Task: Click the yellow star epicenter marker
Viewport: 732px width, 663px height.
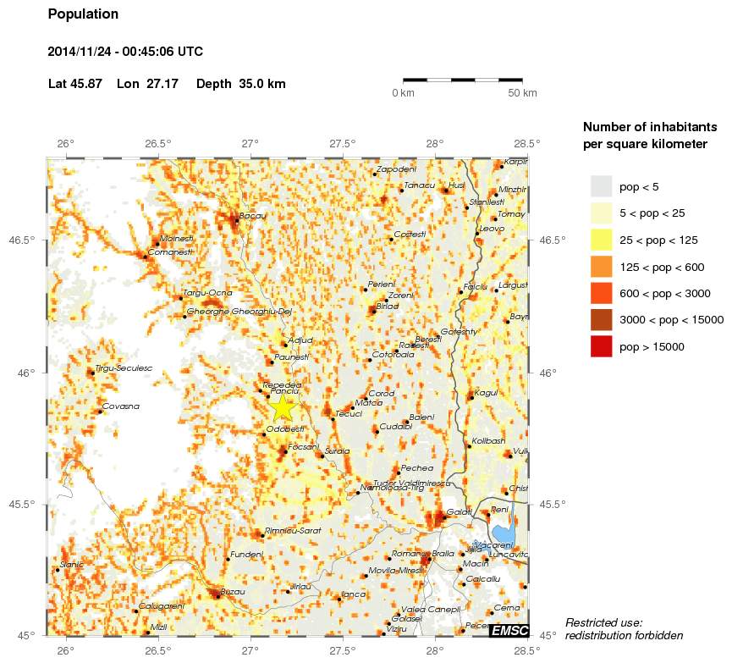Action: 283,407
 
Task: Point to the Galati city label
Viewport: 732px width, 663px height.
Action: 460,512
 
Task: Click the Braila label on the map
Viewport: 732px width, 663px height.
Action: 443,554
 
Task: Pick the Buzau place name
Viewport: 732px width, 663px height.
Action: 233,592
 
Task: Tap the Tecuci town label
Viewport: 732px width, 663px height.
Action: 349,414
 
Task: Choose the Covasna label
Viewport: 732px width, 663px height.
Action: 120,407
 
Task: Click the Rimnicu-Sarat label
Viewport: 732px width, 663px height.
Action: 293,530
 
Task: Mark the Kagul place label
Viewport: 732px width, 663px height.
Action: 486,393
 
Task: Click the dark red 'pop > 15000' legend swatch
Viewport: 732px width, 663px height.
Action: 601,346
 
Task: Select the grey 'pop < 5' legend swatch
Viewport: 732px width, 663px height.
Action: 601,186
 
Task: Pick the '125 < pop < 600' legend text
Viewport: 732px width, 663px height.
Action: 662,268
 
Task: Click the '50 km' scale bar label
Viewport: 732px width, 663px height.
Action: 522,92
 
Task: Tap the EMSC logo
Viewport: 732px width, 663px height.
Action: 509,630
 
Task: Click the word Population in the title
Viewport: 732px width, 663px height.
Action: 83,14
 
